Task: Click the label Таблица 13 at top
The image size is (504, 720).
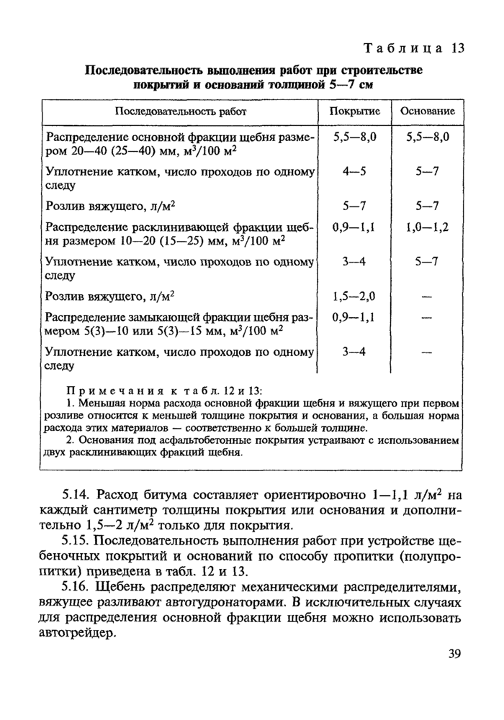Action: [413, 48]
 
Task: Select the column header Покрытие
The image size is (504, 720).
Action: [354, 112]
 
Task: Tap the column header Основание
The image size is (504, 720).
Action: [427, 112]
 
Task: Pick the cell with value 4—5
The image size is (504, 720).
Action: [354, 172]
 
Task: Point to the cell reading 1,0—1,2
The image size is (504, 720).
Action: [427, 226]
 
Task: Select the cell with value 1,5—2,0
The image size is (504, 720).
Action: [354, 296]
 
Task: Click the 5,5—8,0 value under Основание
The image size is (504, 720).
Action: [427, 137]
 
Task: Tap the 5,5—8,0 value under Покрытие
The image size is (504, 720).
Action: [354, 137]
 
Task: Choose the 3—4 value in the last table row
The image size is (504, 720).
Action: [354, 351]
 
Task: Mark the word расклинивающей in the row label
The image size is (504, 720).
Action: [187, 227]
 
